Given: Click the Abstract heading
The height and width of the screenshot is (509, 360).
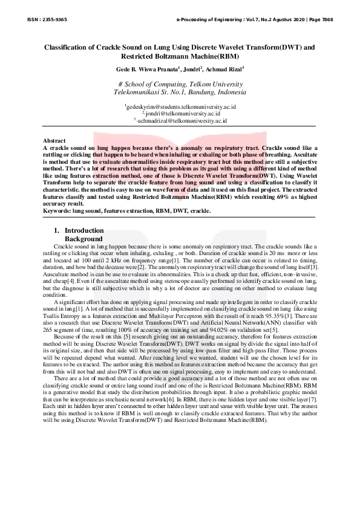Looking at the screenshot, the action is coord(54,141).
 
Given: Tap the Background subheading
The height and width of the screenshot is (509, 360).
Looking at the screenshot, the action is coord(88,239).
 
